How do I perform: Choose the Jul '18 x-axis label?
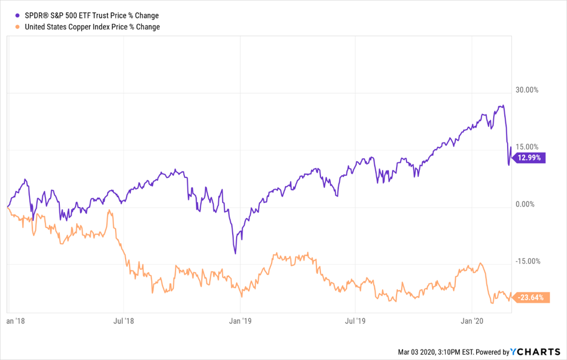click(123, 320)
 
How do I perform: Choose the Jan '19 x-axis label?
click(240, 320)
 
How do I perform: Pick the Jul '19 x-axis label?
click(355, 320)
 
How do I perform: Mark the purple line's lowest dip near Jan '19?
click(235, 253)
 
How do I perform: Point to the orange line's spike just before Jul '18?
click(109, 212)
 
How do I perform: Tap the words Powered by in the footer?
click(492, 352)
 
